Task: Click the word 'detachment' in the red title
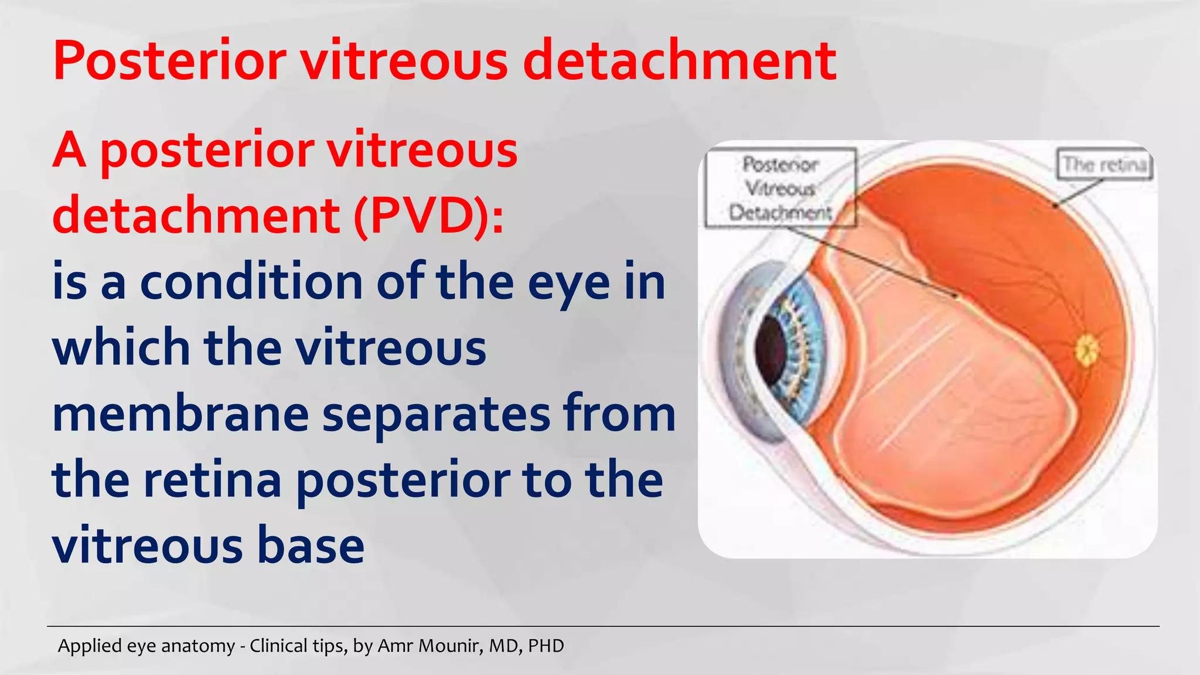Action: pyautogui.click(x=680, y=60)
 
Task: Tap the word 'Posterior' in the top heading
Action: pyautogui.click(x=170, y=60)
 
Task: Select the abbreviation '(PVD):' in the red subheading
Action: pyautogui.click(x=428, y=216)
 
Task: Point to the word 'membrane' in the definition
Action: pyautogui.click(x=180, y=414)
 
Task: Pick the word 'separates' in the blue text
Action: pyautogui.click(x=436, y=414)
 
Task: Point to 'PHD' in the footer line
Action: pyautogui.click(x=546, y=646)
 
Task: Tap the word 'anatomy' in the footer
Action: pyautogui.click(x=197, y=646)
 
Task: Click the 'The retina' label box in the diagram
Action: pyautogui.click(x=1104, y=164)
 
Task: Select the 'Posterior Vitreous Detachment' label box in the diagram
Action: pyautogui.click(x=780, y=188)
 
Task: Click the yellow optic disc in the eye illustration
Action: pyautogui.click(x=1087, y=350)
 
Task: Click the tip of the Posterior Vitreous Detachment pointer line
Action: pyautogui.click(x=957, y=296)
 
